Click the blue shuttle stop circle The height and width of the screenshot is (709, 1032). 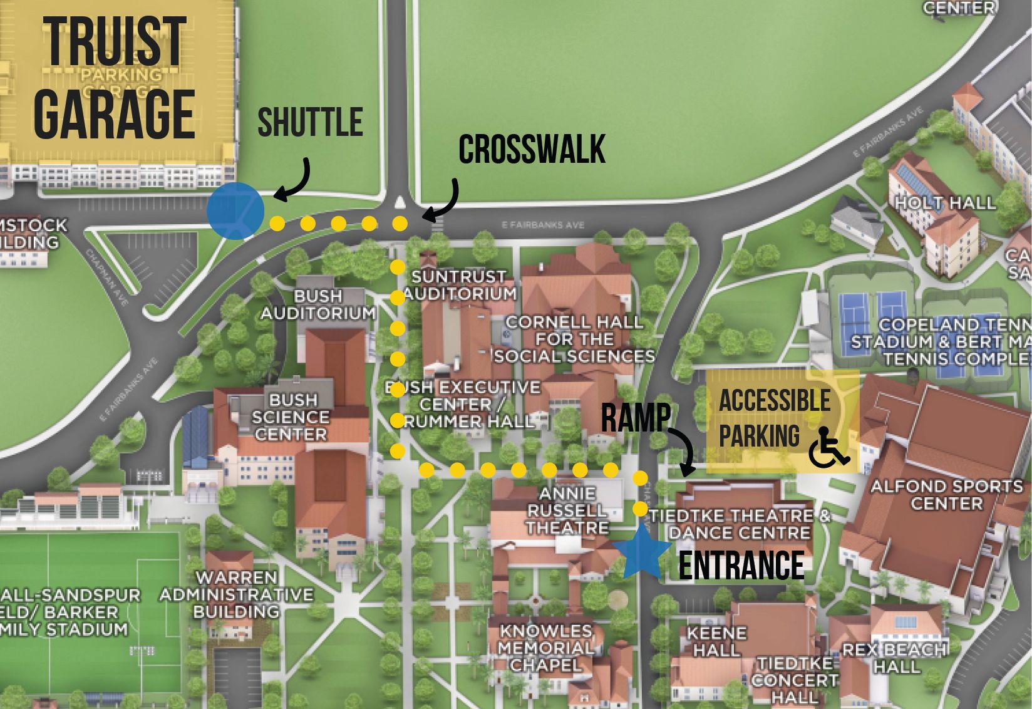tap(235, 211)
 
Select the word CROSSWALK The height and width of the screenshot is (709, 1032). tap(532, 150)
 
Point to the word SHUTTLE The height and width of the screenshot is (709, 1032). tap(310, 123)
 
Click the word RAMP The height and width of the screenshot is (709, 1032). tap(636, 418)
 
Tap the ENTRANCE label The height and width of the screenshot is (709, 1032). tap(741, 566)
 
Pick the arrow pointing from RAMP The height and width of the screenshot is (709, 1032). tap(686, 451)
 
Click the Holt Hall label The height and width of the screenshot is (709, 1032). tap(944, 203)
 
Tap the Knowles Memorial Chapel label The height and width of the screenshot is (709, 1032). tap(545, 648)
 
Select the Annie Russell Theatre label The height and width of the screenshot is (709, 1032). tap(567, 511)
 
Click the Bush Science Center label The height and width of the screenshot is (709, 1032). tap(291, 417)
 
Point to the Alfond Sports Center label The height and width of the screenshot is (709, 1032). tap(946, 495)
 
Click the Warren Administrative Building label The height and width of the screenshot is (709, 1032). tap(236, 594)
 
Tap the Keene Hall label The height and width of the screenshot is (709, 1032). tap(716, 642)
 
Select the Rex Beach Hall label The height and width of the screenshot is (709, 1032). tap(894, 658)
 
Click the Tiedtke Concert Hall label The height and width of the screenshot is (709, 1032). tap(795, 680)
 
